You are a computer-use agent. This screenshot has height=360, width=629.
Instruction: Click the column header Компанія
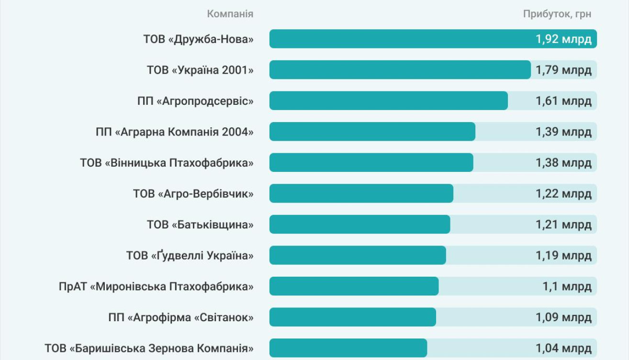click(x=230, y=14)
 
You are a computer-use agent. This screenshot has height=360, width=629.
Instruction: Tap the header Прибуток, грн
click(x=557, y=14)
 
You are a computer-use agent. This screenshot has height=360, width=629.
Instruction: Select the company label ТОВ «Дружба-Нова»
click(x=198, y=39)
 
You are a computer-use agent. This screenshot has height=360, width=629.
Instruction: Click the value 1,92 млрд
click(x=563, y=39)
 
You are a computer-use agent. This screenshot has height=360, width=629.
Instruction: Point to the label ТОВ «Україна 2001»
click(x=200, y=70)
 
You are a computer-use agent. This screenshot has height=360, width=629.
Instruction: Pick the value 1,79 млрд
click(x=563, y=70)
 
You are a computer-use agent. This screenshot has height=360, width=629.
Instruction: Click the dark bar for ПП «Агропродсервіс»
click(x=388, y=101)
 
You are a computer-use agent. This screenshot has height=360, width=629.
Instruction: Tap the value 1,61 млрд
click(x=563, y=101)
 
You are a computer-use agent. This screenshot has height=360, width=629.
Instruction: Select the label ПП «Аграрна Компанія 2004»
click(x=174, y=132)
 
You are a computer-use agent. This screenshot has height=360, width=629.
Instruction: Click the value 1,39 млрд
click(x=563, y=132)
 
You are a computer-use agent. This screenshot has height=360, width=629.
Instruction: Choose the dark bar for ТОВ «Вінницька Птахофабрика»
click(x=371, y=163)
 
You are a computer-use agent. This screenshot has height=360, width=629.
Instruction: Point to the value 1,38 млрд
click(x=563, y=163)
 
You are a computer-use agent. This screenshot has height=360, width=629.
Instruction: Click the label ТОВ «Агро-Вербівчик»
click(x=193, y=194)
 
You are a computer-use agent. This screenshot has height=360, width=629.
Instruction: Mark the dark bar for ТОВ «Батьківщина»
click(x=359, y=225)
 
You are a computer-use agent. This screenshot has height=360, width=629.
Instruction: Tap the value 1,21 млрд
click(x=563, y=225)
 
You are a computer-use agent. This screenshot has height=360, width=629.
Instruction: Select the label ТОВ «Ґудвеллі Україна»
click(x=190, y=256)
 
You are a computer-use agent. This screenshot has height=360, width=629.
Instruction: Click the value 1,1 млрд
click(x=567, y=287)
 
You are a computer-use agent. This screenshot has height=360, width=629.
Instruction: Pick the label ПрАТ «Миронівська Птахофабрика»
click(x=156, y=287)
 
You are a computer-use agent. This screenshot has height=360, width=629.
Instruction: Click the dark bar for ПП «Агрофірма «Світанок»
click(x=352, y=317)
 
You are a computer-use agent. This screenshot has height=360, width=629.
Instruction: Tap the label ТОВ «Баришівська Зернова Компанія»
click(x=149, y=349)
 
